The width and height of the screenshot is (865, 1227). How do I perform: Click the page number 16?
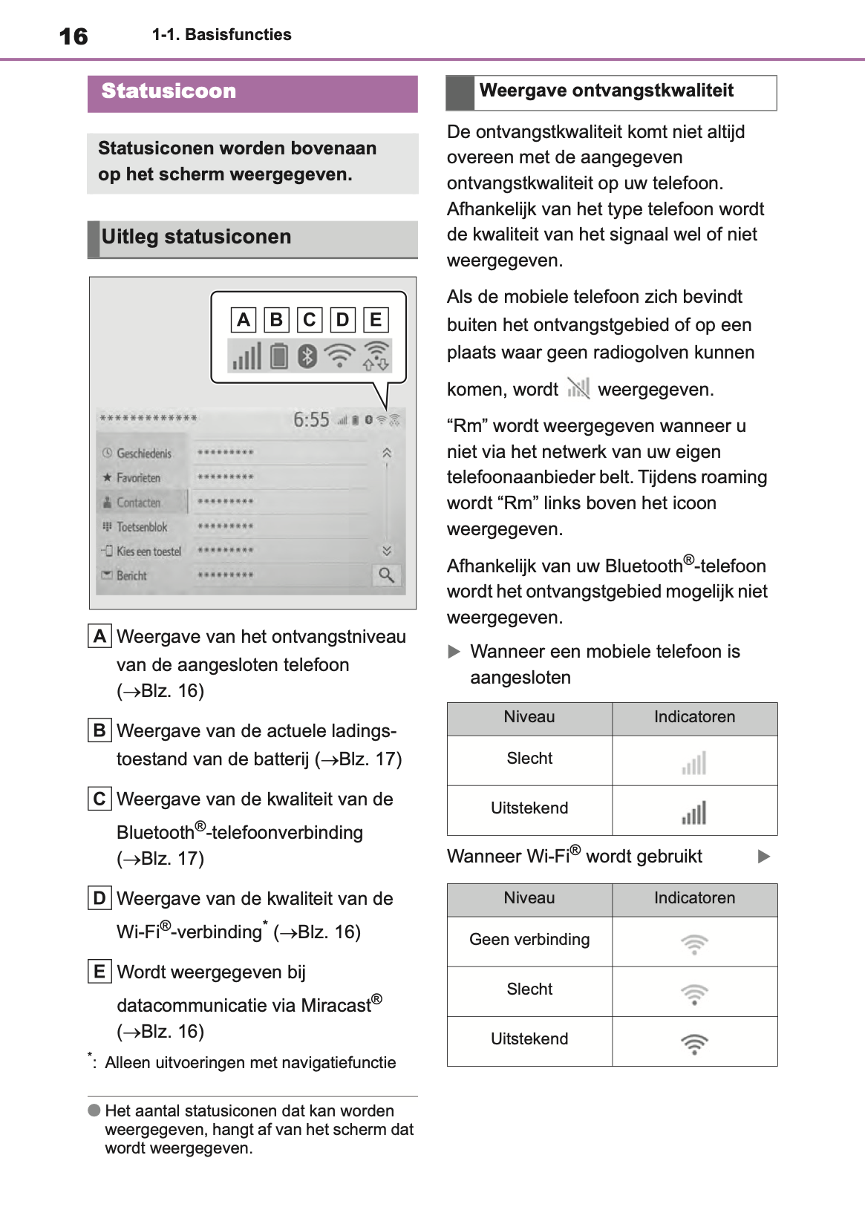(x=74, y=36)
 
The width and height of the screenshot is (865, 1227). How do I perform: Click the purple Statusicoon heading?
(x=169, y=91)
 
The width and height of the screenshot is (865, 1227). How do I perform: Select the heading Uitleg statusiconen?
(x=196, y=237)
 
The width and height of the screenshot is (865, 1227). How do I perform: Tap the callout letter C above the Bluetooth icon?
(x=309, y=320)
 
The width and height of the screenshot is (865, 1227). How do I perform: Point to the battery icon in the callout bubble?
(x=279, y=356)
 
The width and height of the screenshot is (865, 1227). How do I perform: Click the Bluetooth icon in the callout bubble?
(x=307, y=356)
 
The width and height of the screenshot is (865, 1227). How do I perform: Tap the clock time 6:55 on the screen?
(x=311, y=420)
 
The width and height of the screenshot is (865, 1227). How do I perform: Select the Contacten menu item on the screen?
(x=138, y=503)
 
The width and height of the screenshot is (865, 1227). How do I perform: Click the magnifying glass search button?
(x=387, y=575)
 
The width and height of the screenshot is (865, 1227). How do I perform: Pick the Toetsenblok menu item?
(x=141, y=527)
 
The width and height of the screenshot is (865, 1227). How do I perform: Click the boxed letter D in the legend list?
(x=99, y=899)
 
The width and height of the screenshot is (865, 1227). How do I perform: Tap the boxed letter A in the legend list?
(x=99, y=637)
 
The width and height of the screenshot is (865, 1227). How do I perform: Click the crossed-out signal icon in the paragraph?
(x=578, y=388)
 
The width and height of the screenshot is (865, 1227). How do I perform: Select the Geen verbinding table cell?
(x=529, y=940)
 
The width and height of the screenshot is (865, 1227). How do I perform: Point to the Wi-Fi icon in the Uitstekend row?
(x=694, y=1044)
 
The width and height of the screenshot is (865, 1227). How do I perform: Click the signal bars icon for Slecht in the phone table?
(x=694, y=763)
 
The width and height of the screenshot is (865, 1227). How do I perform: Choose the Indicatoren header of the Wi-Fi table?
(x=694, y=898)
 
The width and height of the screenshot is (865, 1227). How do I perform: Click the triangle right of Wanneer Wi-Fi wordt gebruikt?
(x=764, y=857)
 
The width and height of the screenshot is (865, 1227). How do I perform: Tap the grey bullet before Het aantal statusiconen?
(x=94, y=1110)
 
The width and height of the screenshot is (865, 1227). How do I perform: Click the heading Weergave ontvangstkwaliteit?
(x=606, y=91)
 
